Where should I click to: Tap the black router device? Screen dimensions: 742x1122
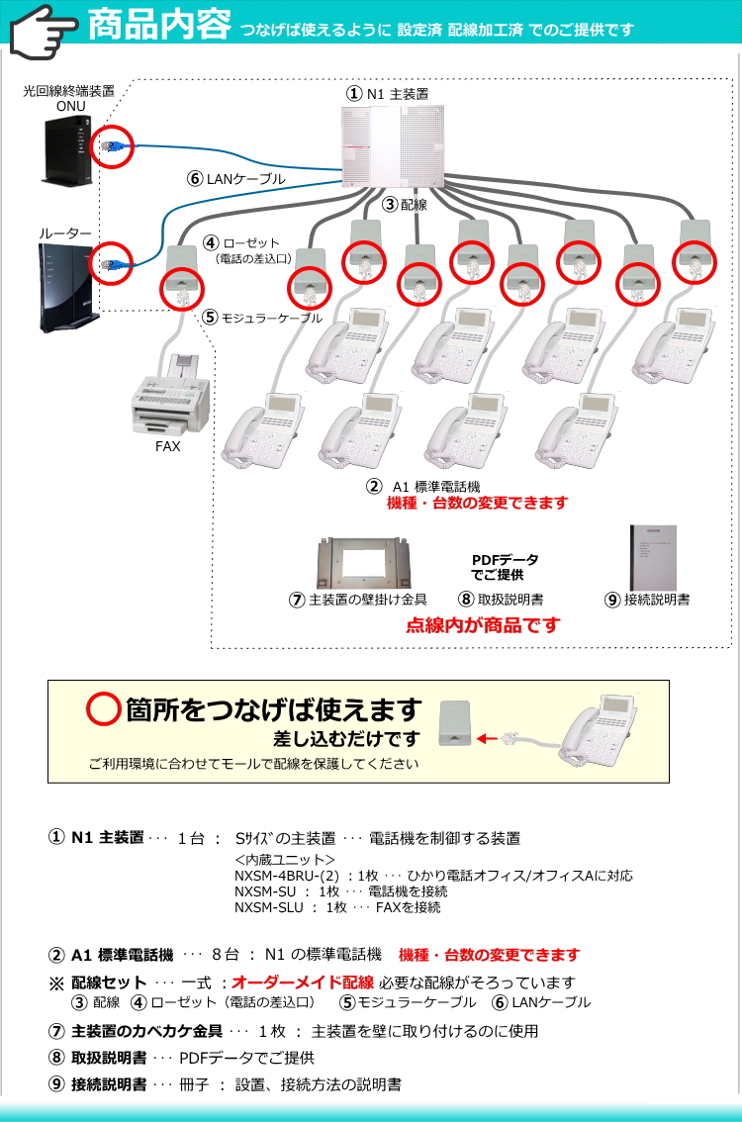coord(68,287)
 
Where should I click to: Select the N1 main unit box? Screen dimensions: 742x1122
coord(392,146)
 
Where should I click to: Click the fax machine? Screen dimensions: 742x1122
coord(170,397)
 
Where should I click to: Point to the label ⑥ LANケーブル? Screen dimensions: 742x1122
coord(236,179)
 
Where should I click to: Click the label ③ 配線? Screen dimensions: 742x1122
coord(405,205)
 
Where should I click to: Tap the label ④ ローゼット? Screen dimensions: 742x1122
coord(241,243)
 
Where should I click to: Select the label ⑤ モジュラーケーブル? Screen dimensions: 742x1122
coord(262,317)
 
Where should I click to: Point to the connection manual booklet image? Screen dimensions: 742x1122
coord(653,557)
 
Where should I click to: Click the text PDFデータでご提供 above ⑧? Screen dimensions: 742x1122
coord(504,567)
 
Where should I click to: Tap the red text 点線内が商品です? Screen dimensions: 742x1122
coord(483,624)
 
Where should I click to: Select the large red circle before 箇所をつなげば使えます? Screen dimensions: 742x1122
coord(103,709)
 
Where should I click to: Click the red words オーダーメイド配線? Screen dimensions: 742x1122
coord(303,982)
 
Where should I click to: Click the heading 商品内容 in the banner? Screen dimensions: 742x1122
coord(159,25)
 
